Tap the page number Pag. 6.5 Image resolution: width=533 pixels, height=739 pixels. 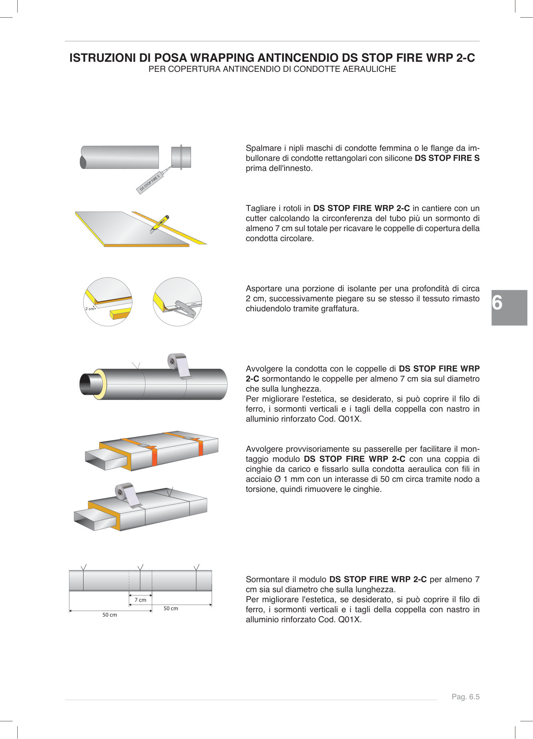[466, 697]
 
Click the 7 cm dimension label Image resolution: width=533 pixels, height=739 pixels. [140, 600]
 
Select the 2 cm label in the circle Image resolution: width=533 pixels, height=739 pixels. [90, 309]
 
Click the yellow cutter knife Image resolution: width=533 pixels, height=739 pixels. [160, 223]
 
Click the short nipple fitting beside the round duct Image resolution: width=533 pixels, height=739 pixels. [181, 157]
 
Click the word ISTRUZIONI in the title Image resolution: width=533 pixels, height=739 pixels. [103, 58]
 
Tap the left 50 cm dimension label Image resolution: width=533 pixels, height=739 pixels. [110, 615]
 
